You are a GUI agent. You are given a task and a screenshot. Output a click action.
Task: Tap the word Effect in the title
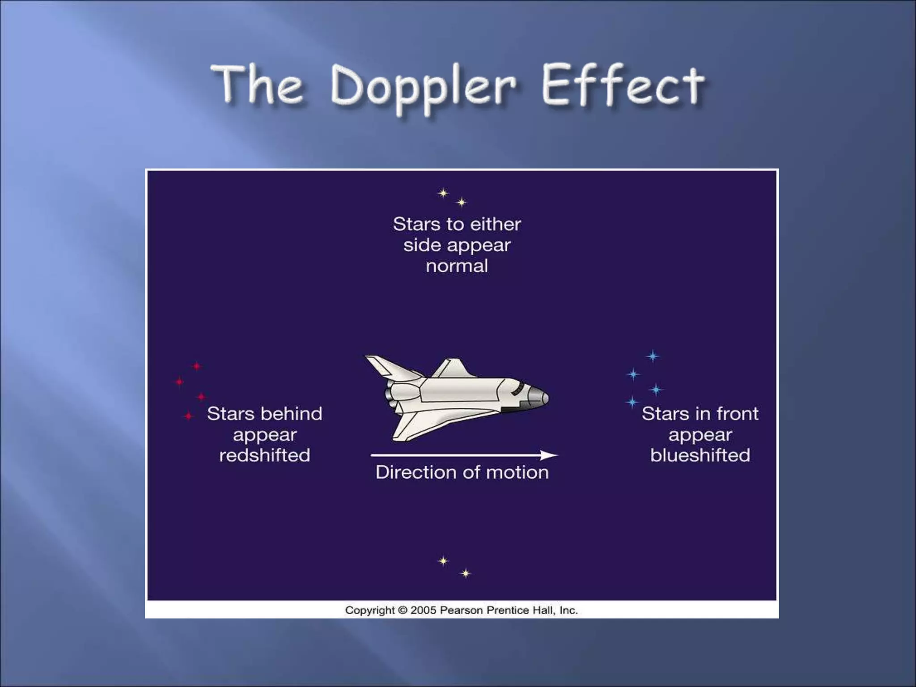[623, 86]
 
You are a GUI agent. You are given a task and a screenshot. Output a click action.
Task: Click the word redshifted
[264, 455]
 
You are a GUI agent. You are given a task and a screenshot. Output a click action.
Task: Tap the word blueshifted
[700, 455]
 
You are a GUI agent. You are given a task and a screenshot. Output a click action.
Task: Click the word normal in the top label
[457, 266]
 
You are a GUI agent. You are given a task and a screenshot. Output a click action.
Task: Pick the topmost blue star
[653, 356]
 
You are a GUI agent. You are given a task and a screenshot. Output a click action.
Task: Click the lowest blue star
[632, 402]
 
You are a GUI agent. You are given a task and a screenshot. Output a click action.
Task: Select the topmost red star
[197, 366]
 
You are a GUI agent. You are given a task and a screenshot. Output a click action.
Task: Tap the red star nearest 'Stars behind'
[189, 416]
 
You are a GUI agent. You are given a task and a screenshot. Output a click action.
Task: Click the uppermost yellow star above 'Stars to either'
[443, 193]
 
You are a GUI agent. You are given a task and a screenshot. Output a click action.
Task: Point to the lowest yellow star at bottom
[466, 573]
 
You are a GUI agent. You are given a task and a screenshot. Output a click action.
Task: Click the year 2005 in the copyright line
[423, 610]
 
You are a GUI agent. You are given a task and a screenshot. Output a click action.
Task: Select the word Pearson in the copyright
[461, 610]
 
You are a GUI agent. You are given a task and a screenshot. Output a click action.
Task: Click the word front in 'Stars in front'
[738, 414]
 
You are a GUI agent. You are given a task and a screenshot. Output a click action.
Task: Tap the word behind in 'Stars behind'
[294, 414]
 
